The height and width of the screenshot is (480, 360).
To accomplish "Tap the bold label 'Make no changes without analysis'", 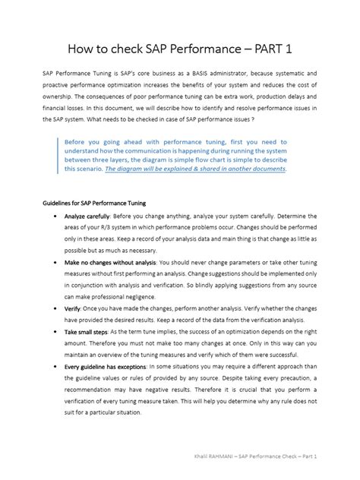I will [x=120, y=261].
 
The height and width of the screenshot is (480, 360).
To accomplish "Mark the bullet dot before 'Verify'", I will [x=55, y=310].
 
